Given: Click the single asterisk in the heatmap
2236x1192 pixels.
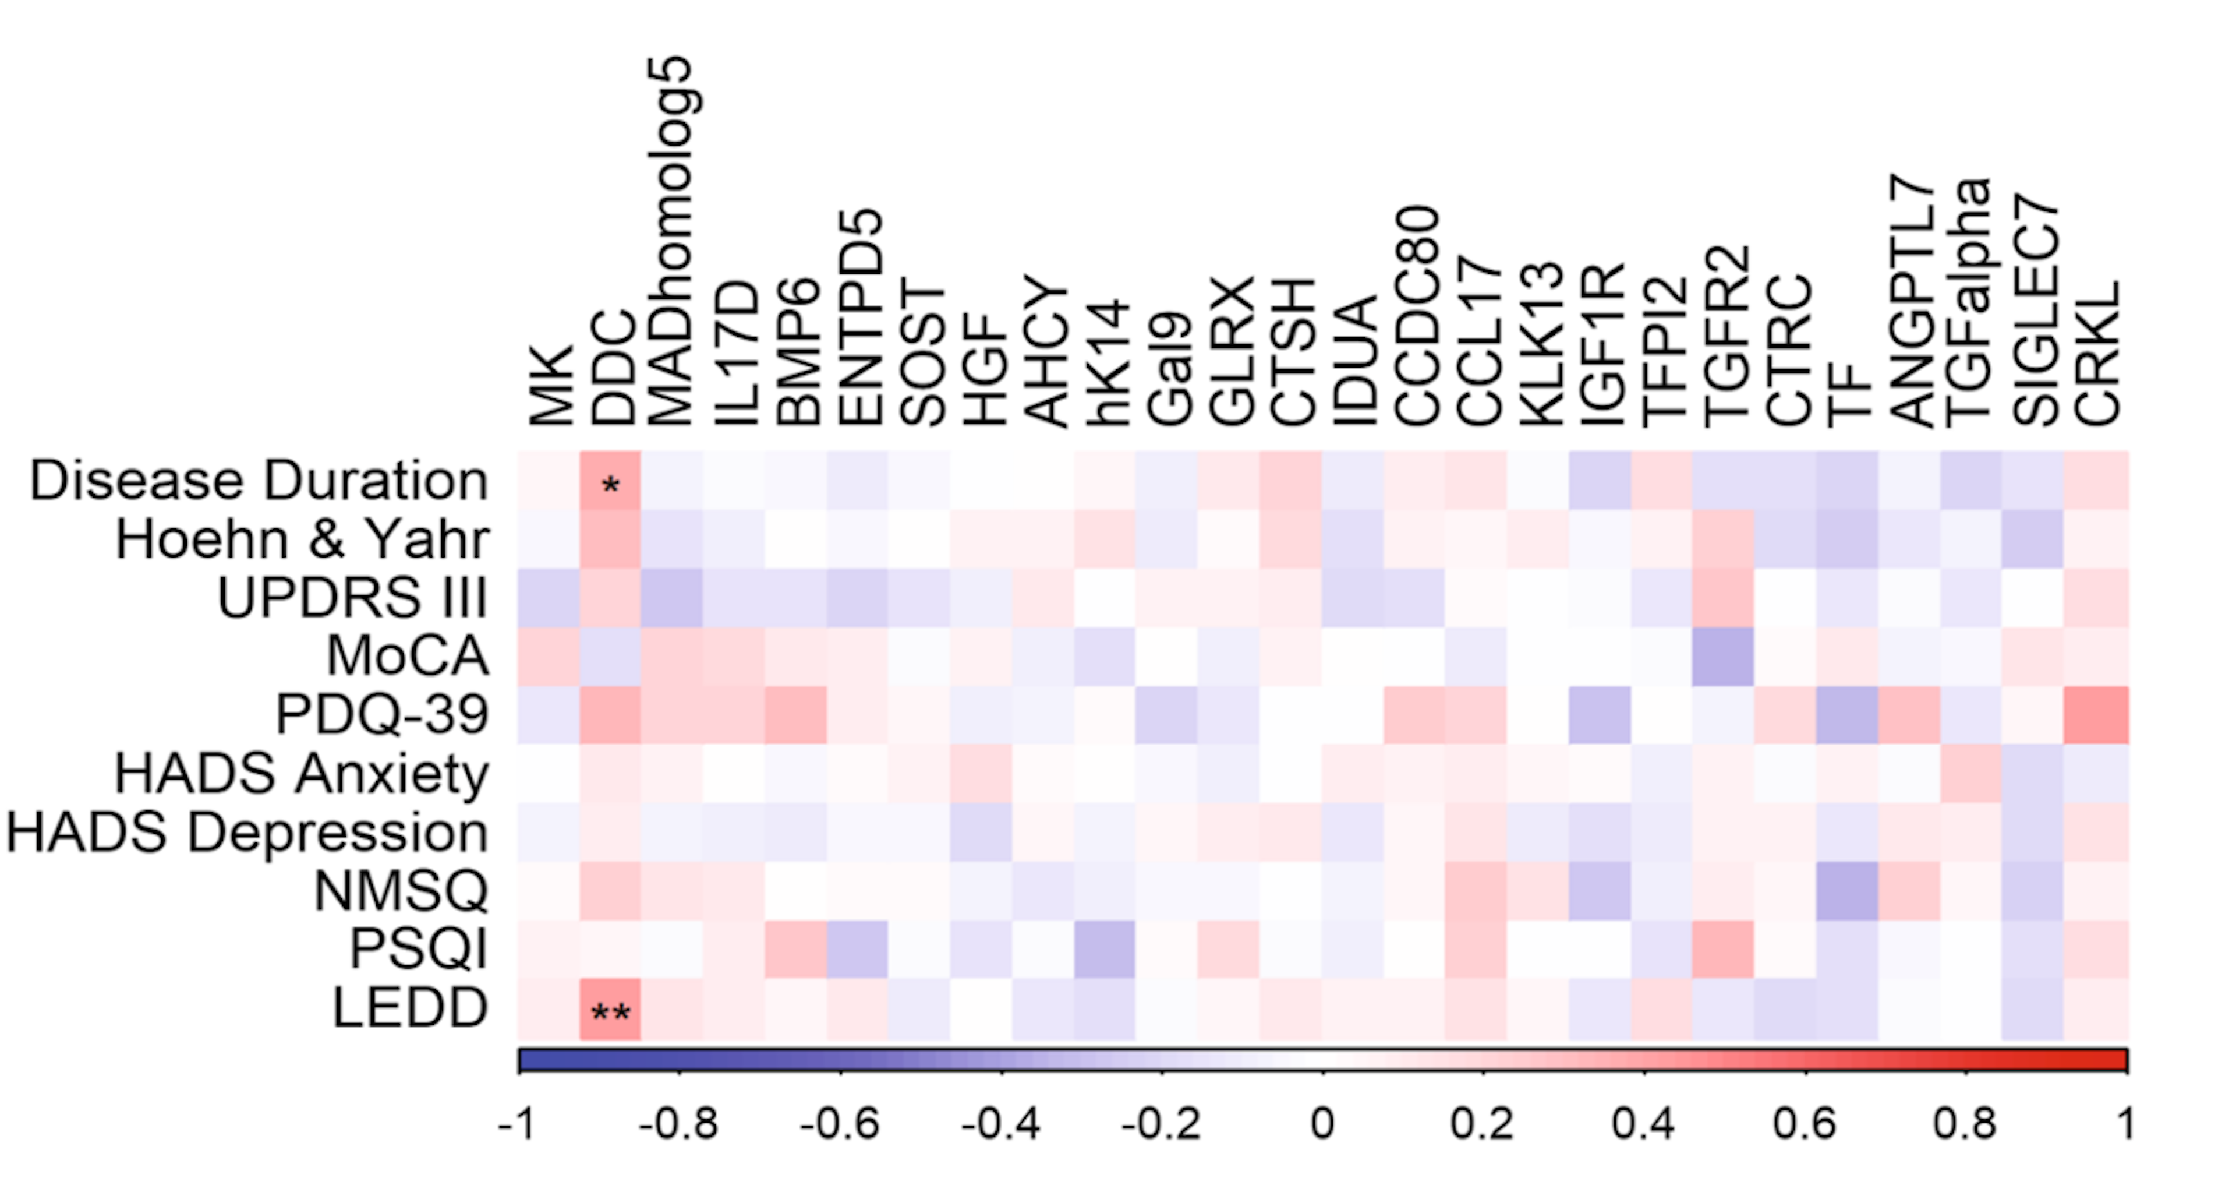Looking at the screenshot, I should (610, 485).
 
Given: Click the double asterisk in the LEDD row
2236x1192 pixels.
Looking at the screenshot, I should (610, 1013).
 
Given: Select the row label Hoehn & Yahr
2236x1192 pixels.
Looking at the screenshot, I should (302, 539).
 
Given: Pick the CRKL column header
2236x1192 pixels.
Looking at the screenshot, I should (2097, 352).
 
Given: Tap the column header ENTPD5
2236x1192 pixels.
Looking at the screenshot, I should (859, 318).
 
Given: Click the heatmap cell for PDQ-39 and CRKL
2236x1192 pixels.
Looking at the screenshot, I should (2097, 715).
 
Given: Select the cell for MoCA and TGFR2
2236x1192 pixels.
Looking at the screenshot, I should (1723, 657).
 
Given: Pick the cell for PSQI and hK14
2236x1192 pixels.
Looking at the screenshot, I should (1104, 950).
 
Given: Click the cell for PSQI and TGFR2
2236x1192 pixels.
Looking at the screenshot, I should (1723, 950).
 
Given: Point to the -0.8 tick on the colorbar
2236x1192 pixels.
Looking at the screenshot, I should (679, 1125).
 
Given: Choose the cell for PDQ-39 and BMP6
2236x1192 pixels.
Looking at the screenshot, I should (796, 715).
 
